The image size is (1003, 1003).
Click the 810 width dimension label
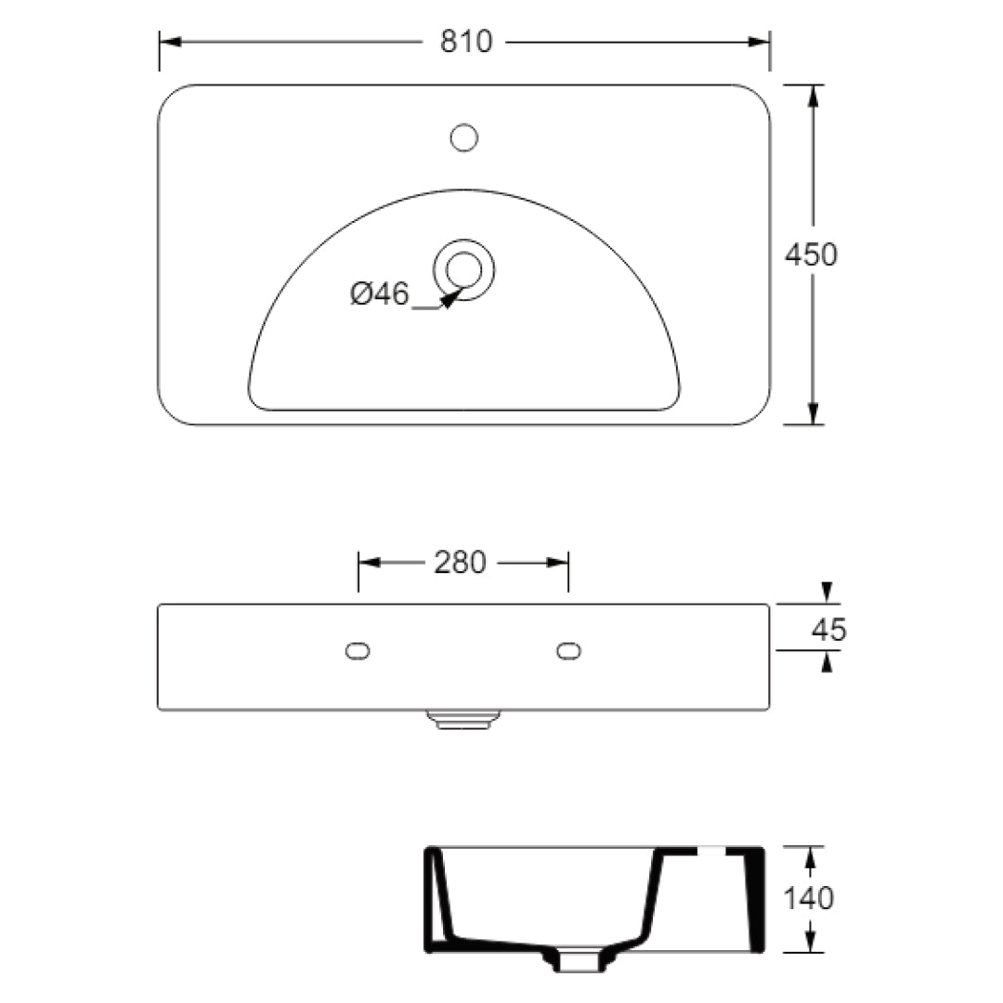[466, 42]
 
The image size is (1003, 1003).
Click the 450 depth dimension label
[811, 254]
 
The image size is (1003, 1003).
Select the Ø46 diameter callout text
[379, 293]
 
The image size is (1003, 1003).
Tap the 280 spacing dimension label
[460, 562]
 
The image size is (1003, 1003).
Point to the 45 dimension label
[828, 630]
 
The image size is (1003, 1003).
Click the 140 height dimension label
[808, 898]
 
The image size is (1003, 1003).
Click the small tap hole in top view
[463, 138]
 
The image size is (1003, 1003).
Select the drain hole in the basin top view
[463, 269]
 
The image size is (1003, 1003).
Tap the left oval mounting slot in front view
[358, 651]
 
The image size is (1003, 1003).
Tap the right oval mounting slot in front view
[569, 651]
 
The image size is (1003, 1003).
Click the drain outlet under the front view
[462, 720]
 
